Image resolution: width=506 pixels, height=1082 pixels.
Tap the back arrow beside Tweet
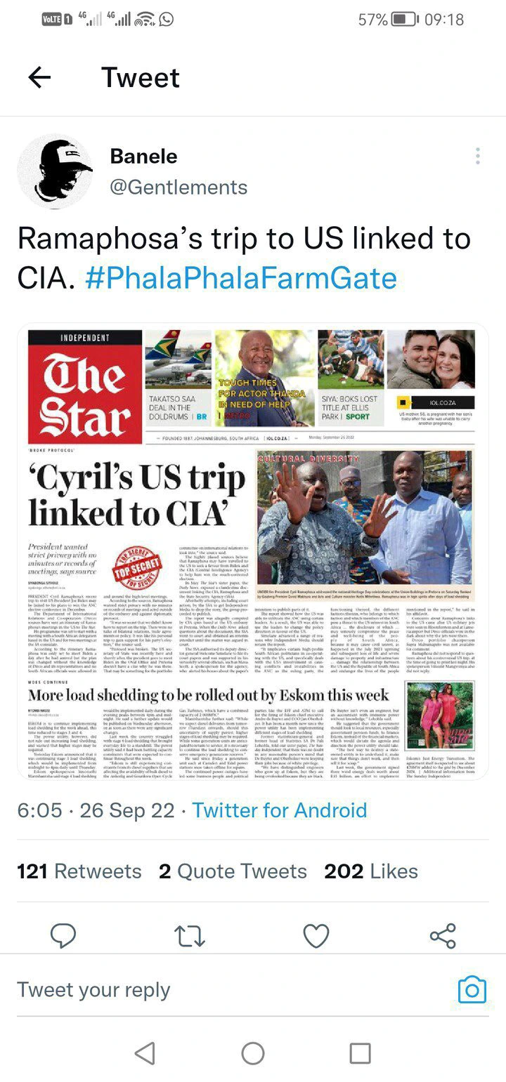click(x=39, y=77)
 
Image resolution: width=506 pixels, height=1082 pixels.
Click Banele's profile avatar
click(x=55, y=172)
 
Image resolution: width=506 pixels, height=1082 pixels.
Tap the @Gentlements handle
click(x=179, y=187)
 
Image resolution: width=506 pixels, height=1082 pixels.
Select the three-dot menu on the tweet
click(x=478, y=156)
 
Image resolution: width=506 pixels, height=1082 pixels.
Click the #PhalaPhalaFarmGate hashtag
click(x=241, y=279)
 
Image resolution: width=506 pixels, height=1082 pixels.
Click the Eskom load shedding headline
click(x=208, y=695)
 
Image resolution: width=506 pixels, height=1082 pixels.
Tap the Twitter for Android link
click(x=280, y=810)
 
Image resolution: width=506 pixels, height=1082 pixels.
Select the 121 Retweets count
click(x=79, y=871)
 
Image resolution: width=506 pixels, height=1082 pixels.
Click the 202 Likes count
click(x=371, y=871)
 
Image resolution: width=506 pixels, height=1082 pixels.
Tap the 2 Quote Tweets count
click(x=233, y=871)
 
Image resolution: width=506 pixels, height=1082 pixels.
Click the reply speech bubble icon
click(x=64, y=935)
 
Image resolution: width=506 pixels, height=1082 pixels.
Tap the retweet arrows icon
click(x=190, y=935)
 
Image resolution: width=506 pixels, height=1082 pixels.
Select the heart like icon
click(x=316, y=935)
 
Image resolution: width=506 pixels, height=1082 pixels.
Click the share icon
click(x=442, y=935)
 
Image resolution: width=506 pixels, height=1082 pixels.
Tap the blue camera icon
click(x=472, y=990)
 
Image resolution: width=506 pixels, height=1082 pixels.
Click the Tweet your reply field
click(x=211, y=990)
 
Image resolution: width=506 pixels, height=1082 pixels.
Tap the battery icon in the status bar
click(x=405, y=20)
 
